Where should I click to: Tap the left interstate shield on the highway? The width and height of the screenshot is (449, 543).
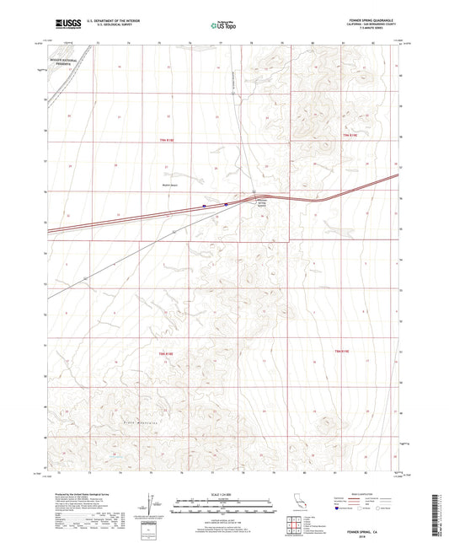point(205,205)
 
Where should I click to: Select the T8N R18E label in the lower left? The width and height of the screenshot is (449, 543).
point(165,352)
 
